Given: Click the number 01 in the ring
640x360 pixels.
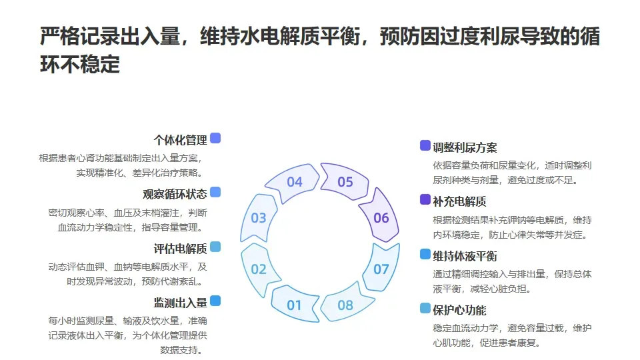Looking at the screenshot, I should tap(294, 305).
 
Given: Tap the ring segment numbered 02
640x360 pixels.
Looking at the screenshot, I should tap(259, 269).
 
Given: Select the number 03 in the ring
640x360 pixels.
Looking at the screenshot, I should tap(259, 217).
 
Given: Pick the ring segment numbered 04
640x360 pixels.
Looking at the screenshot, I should tap(294, 181).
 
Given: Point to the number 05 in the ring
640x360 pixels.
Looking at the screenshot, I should tap(345, 181).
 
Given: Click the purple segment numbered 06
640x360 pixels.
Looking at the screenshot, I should tap(381, 217).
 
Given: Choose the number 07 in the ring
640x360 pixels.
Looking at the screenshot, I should tap(381, 269).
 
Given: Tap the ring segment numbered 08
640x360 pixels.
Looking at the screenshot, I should tap(345, 305).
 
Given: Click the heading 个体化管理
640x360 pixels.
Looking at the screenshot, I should tap(180, 140).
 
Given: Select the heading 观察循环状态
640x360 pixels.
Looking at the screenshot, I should tap(175, 194).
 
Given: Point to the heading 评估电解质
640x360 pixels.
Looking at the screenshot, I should tap(180, 249).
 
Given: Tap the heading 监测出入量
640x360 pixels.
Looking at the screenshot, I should tap(180, 303).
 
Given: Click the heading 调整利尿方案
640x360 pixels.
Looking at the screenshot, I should tap(465, 147).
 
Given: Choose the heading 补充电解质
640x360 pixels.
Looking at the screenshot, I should tap(459, 201).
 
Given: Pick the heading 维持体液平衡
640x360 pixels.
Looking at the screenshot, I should tap(465, 256).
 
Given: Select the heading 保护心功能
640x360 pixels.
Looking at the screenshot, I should tap(459, 310).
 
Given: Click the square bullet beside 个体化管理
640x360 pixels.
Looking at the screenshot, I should tap(215, 139).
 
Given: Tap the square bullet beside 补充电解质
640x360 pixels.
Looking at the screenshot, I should tap(425, 199).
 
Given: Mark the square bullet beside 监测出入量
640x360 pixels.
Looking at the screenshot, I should tap(215, 301).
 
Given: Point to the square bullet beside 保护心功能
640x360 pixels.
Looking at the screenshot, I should tap(425, 308).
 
